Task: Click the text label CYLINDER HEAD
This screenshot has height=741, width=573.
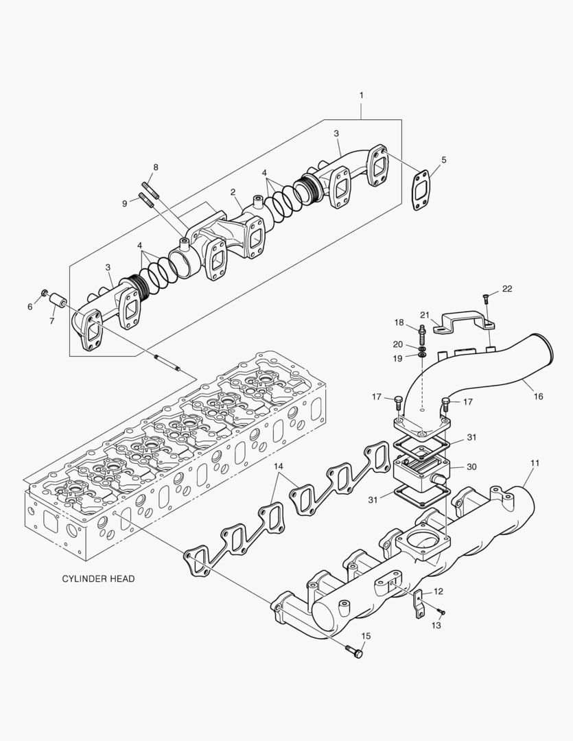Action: tap(98, 578)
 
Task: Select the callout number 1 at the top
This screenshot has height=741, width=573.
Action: tap(361, 95)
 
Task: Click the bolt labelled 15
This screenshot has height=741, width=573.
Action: tap(355, 651)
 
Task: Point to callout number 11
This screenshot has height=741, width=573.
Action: tap(535, 463)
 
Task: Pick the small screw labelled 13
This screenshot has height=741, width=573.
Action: tap(441, 612)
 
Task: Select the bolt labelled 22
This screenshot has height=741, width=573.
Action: tap(484, 298)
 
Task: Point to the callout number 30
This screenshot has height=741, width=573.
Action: tap(471, 467)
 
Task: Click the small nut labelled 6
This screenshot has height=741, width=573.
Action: tap(45, 294)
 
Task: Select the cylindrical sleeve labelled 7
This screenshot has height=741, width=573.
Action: tap(58, 302)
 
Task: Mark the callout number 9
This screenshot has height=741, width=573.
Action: tap(124, 203)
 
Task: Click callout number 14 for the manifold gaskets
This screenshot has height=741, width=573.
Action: tap(279, 468)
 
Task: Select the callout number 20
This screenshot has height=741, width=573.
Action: tap(398, 344)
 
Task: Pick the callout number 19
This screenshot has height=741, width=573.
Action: tap(398, 357)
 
